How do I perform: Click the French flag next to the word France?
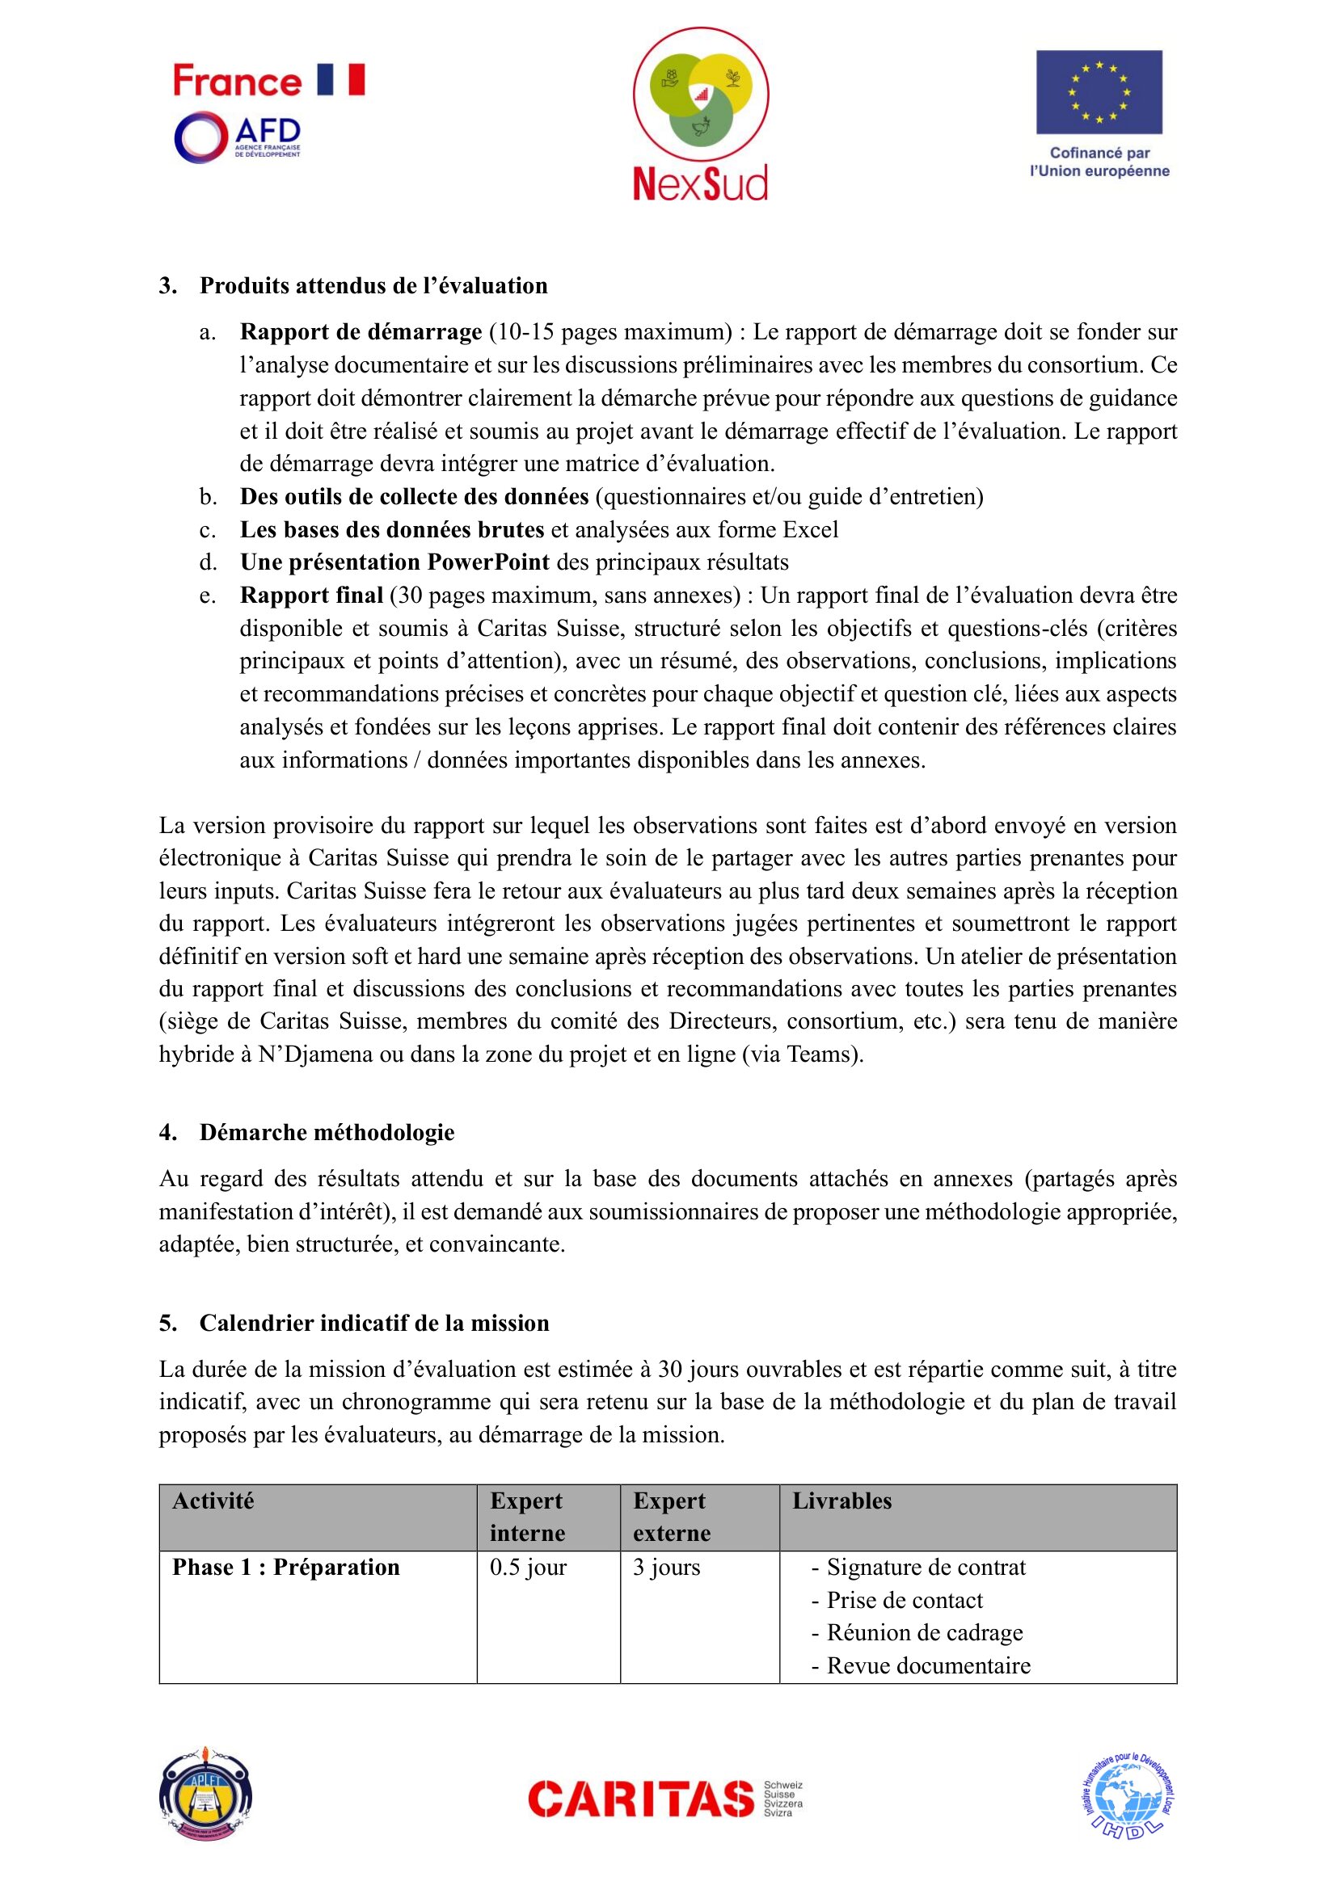click(341, 80)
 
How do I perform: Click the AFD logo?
click(237, 137)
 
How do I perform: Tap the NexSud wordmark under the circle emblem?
click(700, 183)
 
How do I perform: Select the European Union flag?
click(1099, 92)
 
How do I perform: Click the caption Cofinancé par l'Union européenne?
click(1099, 162)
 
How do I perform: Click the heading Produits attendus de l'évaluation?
click(373, 285)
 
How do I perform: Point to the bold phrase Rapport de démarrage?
click(361, 332)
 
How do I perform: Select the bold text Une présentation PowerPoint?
click(394, 562)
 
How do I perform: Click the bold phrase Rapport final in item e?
click(311, 596)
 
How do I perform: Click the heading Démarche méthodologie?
click(327, 1132)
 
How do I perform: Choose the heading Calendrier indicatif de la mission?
click(373, 1323)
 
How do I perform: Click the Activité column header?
click(213, 1501)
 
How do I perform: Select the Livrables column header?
click(841, 1501)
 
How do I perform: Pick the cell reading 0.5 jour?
click(528, 1567)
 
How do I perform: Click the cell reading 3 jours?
click(666, 1567)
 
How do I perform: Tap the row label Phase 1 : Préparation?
click(285, 1567)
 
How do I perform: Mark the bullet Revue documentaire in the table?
click(928, 1665)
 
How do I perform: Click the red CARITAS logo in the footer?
click(641, 1799)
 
